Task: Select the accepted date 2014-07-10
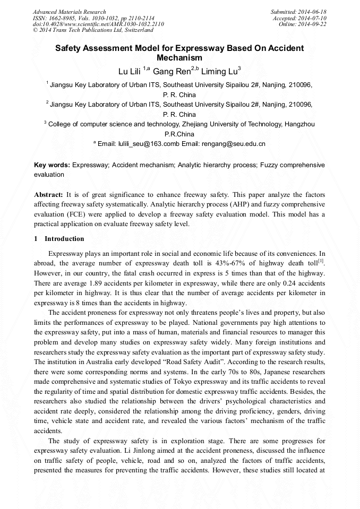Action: click(x=314, y=18)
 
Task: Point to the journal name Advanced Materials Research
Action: click(x=70, y=12)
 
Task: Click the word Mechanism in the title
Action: click(x=180, y=58)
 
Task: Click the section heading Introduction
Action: click(x=64, y=239)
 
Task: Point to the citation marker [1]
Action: click(x=321, y=260)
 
